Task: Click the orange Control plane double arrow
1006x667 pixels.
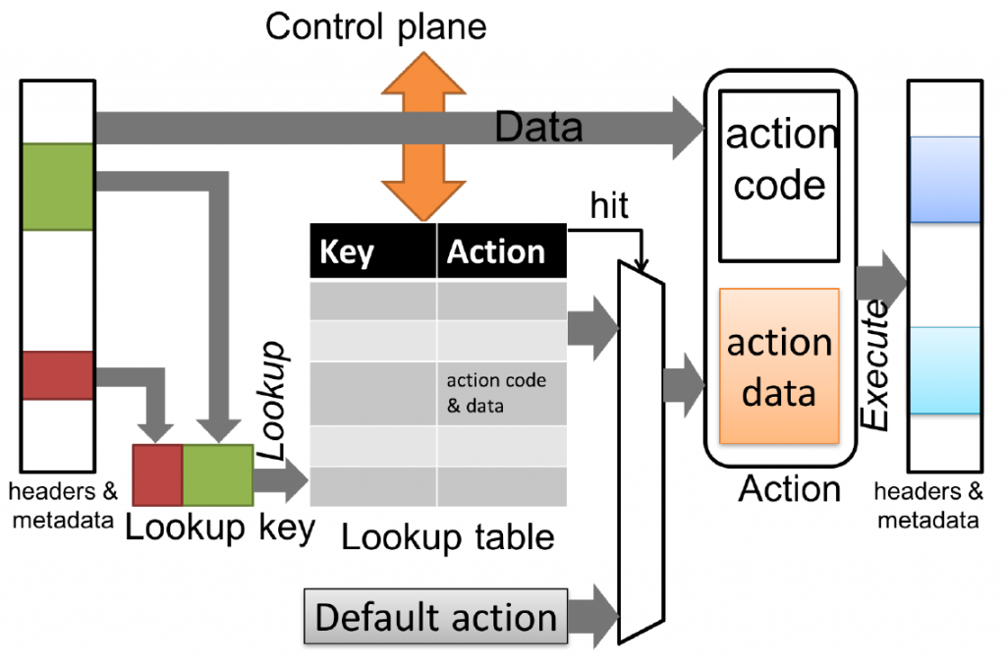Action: tap(423, 137)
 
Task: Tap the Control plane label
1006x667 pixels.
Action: tap(376, 27)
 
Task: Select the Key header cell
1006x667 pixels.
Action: tap(372, 250)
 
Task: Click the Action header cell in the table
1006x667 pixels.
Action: tap(502, 250)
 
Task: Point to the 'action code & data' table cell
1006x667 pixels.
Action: tap(502, 393)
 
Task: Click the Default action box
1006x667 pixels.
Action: tap(435, 616)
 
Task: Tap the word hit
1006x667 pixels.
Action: tap(609, 205)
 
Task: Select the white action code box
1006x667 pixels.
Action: tap(779, 176)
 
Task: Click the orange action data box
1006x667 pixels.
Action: tap(779, 366)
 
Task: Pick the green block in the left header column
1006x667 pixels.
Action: tap(58, 187)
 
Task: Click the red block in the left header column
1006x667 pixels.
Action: tap(58, 375)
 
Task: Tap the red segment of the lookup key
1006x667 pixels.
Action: tap(158, 475)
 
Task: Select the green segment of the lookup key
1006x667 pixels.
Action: tap(218, 475)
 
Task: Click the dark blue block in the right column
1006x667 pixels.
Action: tap(945, 180)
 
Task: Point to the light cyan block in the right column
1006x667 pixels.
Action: tap(945, 370)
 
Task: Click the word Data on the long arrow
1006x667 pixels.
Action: tap(539, 127)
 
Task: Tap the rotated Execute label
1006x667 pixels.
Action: tap(874, 364)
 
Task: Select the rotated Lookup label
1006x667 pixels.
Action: tap(271, 400)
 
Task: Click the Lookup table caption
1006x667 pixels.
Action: tap(448, 536)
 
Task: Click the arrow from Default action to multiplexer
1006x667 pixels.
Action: tap(593, 616)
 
